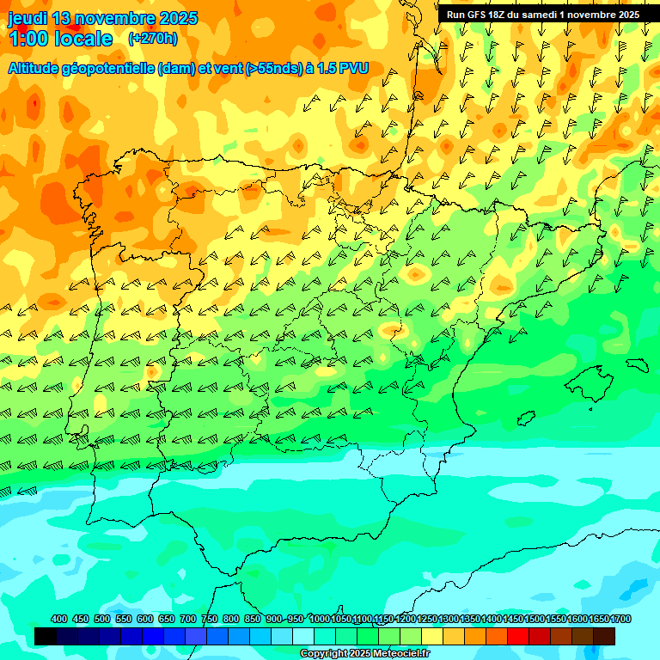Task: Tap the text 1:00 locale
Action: (60, 39)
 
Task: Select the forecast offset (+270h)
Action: (152, 39)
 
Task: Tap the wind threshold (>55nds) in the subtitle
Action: (266, 68)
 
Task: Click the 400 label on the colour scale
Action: (59, 619)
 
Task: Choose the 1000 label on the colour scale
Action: (320, 619)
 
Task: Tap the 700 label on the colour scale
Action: (188, 619)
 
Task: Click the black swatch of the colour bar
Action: (46, 636)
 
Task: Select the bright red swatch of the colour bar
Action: (518, 636)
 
